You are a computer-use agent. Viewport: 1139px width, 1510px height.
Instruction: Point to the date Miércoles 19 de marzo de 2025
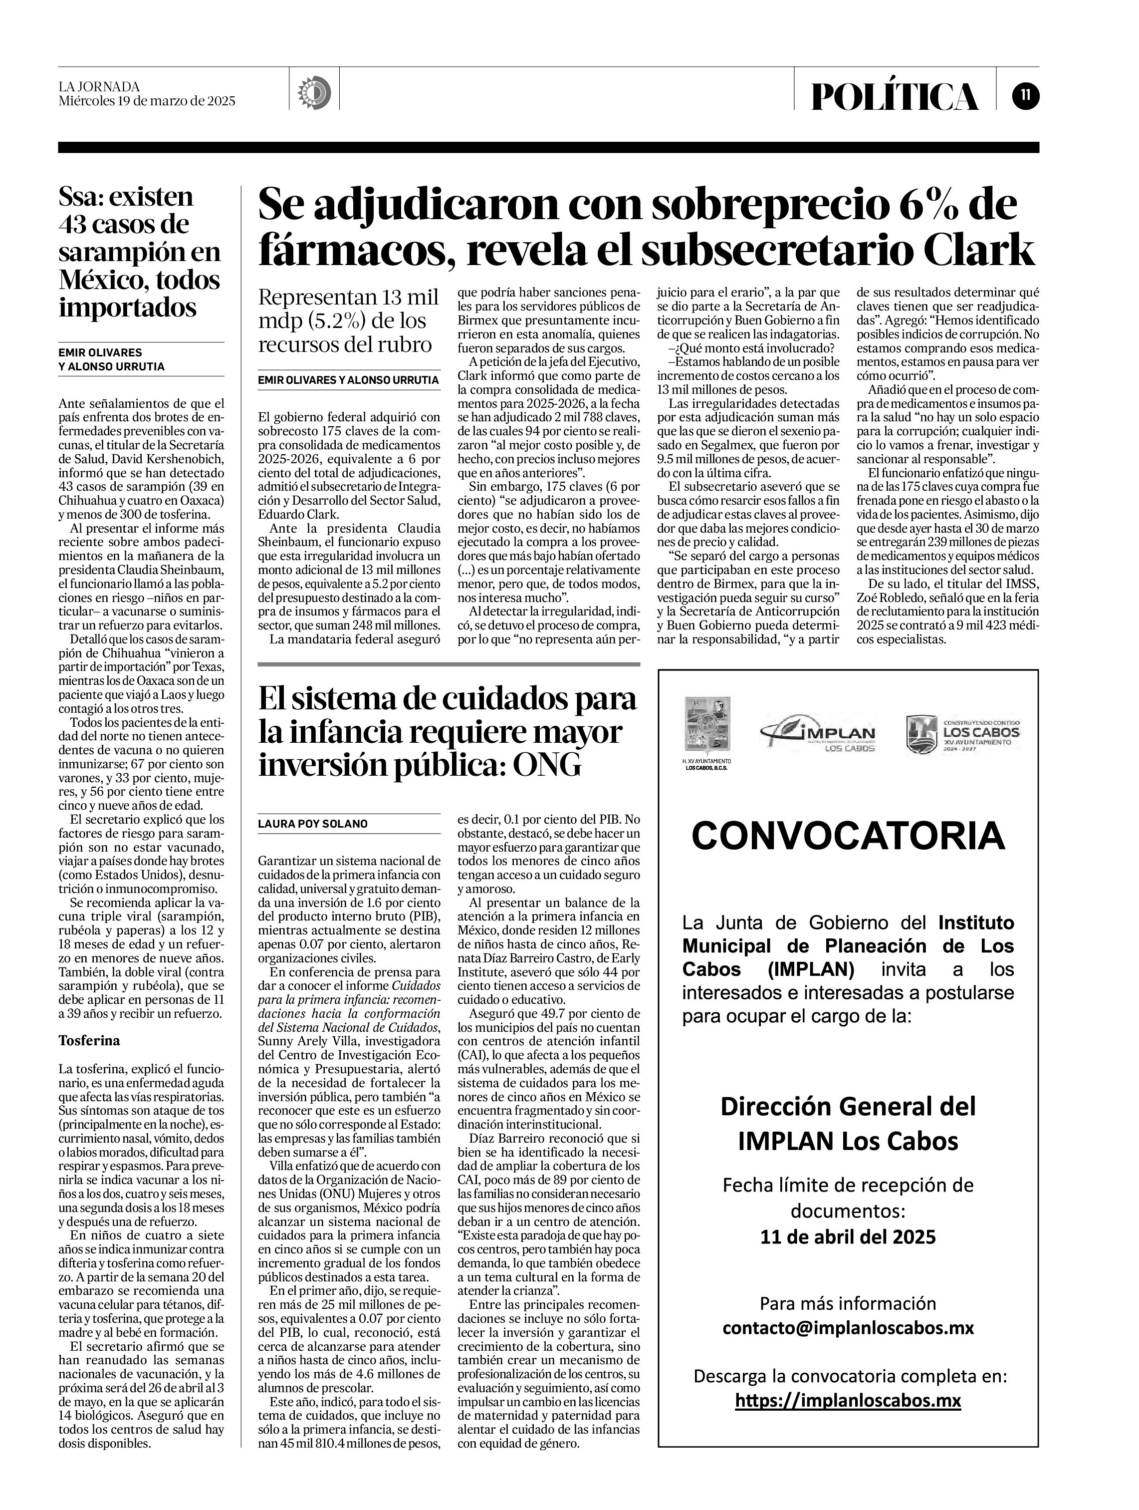click(147, 101)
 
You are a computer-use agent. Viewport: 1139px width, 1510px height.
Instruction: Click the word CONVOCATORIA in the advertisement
click(848, 836)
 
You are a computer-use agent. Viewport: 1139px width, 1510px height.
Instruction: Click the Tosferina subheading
click(89, 1041)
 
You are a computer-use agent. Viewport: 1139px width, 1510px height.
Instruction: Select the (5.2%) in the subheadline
click(330, 321)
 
